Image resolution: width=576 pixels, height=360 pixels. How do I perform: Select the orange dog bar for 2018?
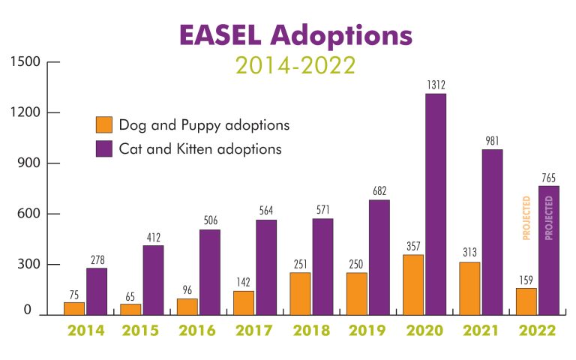point(301,293)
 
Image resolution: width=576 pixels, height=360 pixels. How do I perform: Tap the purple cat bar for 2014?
point(97,291)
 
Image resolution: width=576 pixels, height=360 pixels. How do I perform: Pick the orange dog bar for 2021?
point(469,288)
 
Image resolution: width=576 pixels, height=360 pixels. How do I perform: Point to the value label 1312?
point(436,85)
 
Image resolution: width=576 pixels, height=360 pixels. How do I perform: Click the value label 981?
point(492,141)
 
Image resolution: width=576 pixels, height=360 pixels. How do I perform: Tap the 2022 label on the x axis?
point(536,331)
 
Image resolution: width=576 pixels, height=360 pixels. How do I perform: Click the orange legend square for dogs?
point(104,124)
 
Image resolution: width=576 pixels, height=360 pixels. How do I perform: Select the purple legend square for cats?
point(104,148)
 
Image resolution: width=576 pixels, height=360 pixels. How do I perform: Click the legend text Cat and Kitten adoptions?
point(200,148)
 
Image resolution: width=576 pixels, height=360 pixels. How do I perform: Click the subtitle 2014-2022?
point(295,65)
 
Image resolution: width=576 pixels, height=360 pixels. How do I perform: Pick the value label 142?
point(243,283)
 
